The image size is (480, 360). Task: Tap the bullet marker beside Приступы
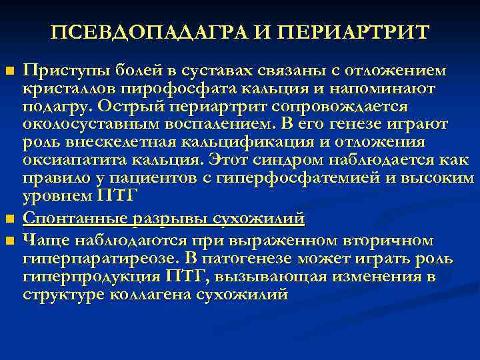point(9,71)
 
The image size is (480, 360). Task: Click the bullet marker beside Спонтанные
point(9,220)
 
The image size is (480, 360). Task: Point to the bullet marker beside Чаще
point(9,240)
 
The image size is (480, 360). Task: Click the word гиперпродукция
point(81,276)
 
